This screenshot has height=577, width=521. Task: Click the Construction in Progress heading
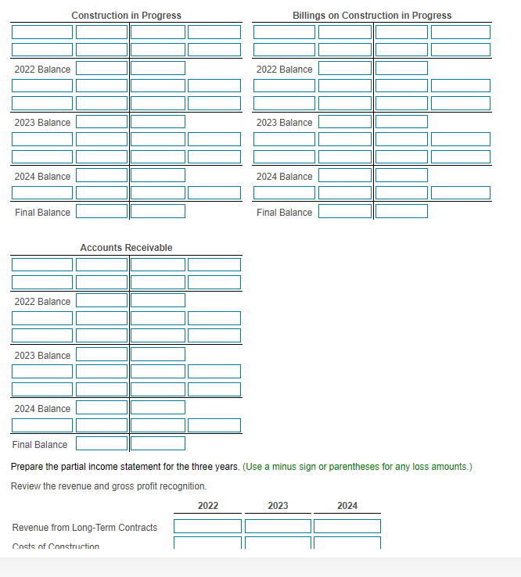point(126,16)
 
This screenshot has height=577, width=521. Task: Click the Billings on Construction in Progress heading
point(372,16)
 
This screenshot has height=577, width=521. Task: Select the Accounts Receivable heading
point(126,248)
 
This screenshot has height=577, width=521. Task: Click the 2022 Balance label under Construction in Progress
point(42,70)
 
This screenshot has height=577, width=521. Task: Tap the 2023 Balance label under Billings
point(284,123)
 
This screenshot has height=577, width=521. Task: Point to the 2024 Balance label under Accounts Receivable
point(42,409)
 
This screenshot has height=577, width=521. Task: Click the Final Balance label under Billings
point(284,213)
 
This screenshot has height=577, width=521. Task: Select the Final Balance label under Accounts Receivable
point(40,445)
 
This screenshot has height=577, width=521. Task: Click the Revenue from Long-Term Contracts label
point(84,528)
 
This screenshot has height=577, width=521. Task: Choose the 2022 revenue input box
point(208,527)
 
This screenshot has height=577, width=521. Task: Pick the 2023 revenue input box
point(278,527)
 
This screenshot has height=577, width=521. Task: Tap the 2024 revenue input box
point(347,527)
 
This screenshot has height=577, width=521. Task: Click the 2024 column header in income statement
point(347,506)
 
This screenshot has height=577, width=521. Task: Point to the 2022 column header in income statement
point(208,506)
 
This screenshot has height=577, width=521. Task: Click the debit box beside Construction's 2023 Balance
point(102,122)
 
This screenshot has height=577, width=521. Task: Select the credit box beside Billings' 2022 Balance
point(401,69)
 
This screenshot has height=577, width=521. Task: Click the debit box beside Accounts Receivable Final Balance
point(102,444)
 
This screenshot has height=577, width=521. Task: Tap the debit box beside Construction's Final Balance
point(102,211)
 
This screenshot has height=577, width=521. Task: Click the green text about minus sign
point(358,467)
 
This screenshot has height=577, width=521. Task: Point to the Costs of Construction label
point(56,546)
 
